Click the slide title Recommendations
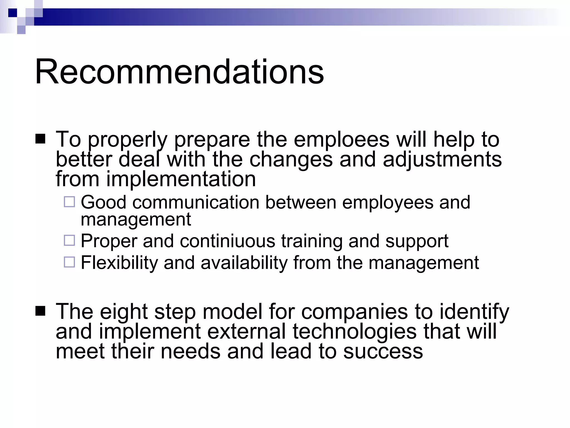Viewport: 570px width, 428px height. click(x=179, y=72)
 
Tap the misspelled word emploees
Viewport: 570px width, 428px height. click(x=341, y=139)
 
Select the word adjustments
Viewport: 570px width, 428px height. click(x=442, y=159)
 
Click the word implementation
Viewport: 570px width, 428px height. click(x=181, y=179)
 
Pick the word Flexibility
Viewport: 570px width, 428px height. click(x=119, y=263)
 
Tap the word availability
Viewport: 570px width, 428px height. click(x=244, y=263)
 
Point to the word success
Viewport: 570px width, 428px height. click(x=383, y=351)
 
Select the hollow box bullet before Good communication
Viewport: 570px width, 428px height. click(x=69, y=202)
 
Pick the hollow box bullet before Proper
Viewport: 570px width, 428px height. click(x=69, y=240)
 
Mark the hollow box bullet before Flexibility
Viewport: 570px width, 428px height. click(x=69, y=262)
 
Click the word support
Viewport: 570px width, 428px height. click(x=417, y=241)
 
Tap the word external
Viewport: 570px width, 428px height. click(x=246, y=332)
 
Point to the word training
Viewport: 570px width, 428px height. click(x=312, y=241)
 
